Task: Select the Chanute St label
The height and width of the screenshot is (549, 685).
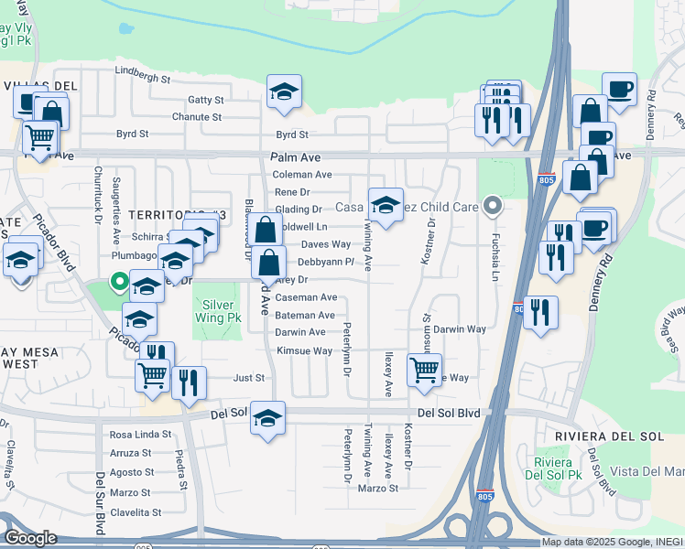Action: pos(197,117)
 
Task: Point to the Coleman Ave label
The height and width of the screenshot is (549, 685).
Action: pos(302,175)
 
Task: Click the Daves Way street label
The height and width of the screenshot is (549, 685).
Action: pos(326,244)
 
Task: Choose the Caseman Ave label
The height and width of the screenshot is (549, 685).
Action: pos(307,297)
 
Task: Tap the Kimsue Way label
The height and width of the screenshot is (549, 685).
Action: pos(304,350)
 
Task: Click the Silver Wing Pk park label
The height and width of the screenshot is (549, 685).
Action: pos(217,310)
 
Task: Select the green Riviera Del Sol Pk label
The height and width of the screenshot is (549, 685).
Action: pos(556,468)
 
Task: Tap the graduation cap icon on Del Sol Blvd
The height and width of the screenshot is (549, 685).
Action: pos(267,418)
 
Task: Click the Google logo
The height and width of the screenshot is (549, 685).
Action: pos(30,538)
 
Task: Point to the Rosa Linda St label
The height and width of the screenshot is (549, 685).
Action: pos(141,434)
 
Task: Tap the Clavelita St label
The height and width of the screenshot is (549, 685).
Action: pos(136,512)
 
